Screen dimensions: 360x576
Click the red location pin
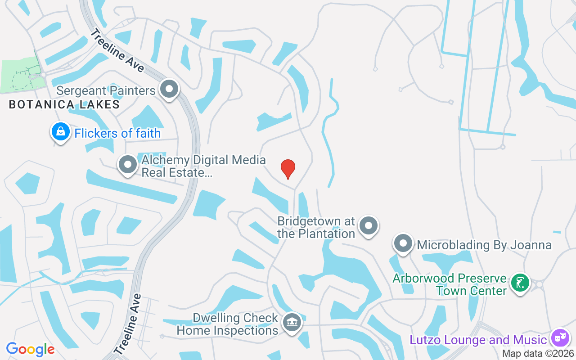(x=288, y=169)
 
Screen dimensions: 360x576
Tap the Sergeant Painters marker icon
(x=169, y=89)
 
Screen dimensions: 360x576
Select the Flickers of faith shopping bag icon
(x=61, y=132)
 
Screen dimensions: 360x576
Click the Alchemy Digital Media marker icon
(x=128, y=165)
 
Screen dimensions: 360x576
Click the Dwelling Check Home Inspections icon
(x=292, y=323)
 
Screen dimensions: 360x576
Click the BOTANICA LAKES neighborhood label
(x=64, y=105)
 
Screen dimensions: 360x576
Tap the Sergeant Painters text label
(x=106, y=90)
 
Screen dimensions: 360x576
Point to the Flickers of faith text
(x=117, y=133)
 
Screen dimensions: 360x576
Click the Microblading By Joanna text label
(x=484, y=245)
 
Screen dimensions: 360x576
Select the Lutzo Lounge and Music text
(x=478, y=340)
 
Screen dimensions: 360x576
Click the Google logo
(x=30, y=349)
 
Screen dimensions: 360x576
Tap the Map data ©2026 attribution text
(x=538, y=354)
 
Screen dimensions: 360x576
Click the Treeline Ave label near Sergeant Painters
(x=117, y=51)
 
